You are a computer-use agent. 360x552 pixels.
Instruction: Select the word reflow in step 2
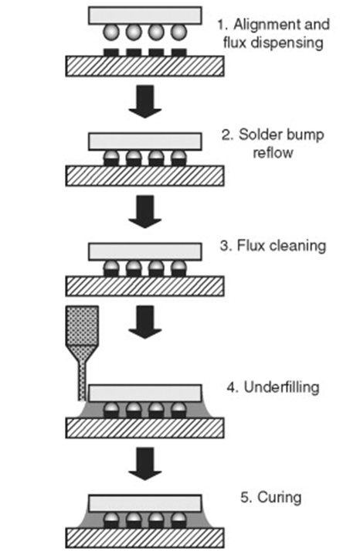pyautogui.click(x=273, y=153)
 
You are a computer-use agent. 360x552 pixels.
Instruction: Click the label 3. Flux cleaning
pyautogui.click(x=273, y=245)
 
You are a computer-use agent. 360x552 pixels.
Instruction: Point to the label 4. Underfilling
pyautogui.click(x=273, y=387)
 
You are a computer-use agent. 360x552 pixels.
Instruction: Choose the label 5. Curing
pyautogui.click(x=271, y=497)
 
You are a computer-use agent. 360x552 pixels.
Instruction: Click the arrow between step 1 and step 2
pyautogui.click(x=145, y=101)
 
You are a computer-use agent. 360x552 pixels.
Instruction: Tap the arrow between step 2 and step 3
pyautogui.click(x=145, y=212)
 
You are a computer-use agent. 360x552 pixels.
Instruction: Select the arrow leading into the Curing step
pyautogui.click(x=145, y=464)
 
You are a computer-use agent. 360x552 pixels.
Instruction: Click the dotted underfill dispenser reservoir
pyautogui.click(x=82, y=325)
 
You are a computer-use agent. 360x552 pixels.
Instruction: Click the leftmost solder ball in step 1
pyautogui.click(x=110, y=32)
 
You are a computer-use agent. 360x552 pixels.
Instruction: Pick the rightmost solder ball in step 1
pyautogui.click(x=178, y=32)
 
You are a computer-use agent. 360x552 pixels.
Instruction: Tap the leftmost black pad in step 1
pyautogui.click(x=111, y=52)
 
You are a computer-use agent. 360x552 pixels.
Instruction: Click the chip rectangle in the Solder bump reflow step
pyautogui.click(x=145, y=141)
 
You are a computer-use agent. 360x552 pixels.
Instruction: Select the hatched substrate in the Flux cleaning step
pyautogui.click(x=145, y=286)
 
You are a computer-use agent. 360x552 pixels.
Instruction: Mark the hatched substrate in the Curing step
pyautogui.click(x=145, y=538)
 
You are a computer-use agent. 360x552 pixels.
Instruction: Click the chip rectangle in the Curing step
pyautogui.click(x=145, y=503)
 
